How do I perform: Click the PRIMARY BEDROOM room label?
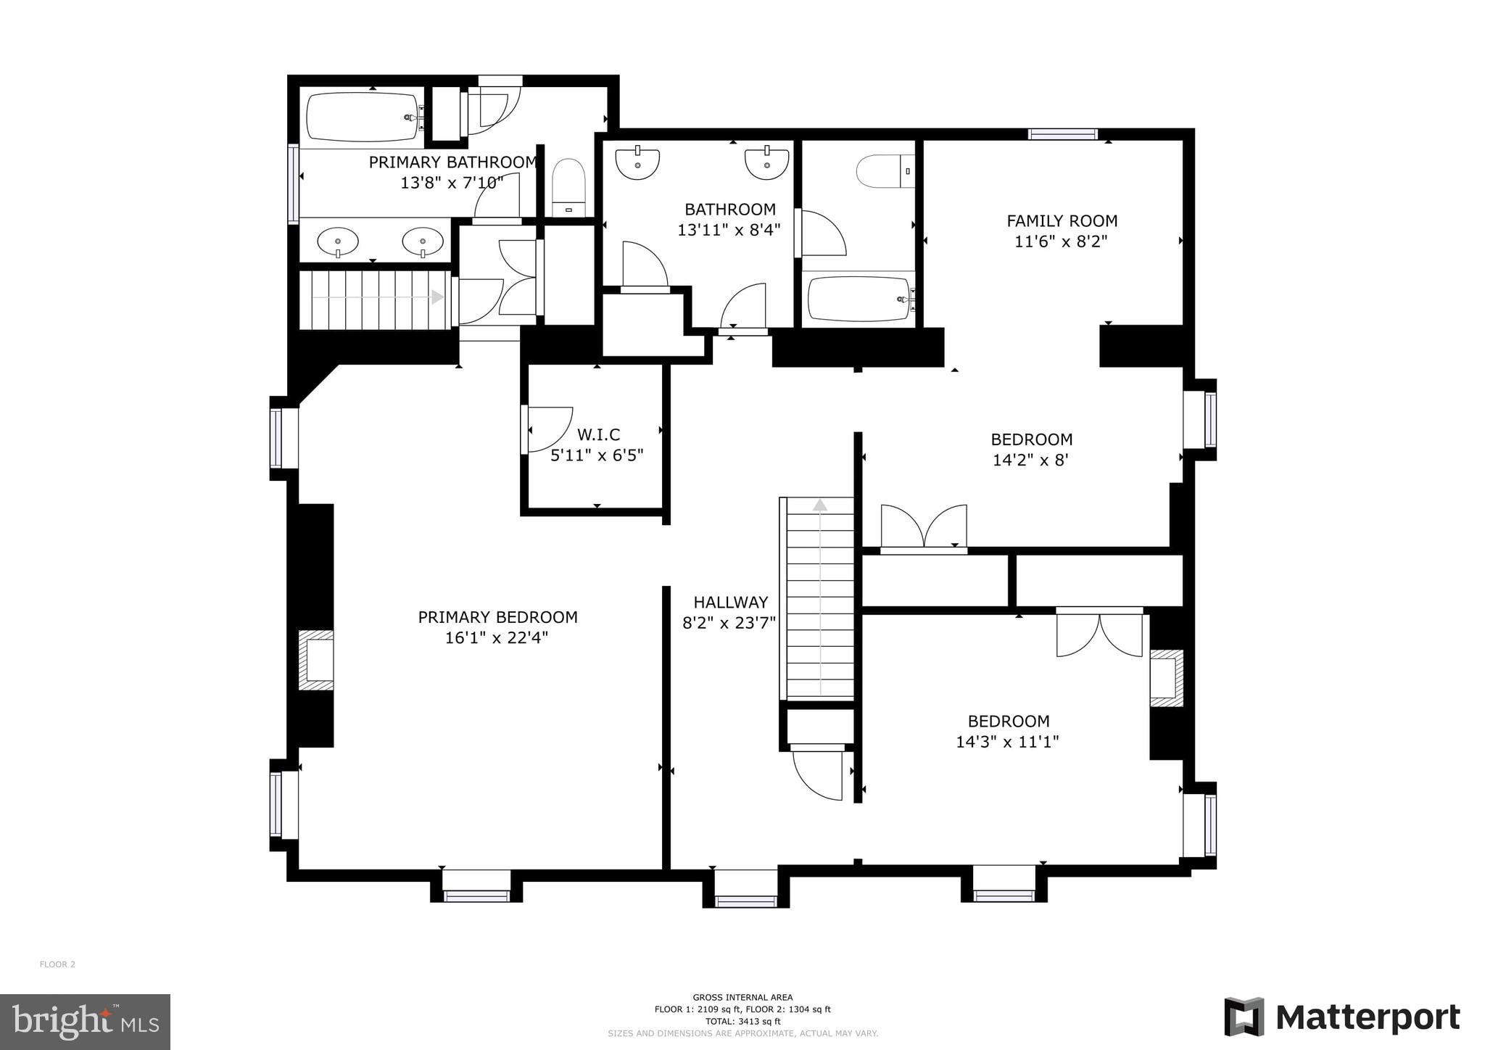click(x=497, y=617)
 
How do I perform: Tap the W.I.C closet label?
click(x=598, y=434)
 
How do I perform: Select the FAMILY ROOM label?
click(x=1062, y=220)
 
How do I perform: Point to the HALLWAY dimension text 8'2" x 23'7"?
click(x=729, y=623)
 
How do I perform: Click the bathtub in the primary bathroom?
click(x=363, y=117)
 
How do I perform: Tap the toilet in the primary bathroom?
click(x=568, y=186)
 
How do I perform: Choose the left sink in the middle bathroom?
click(x=637, y=162)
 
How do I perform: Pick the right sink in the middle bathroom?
click(x=766, y=162)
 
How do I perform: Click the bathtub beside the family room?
click(x=859, y=299)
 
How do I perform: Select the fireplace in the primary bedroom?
click(x=316, y=660)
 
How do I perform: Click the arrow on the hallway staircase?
click(x=820, y=505)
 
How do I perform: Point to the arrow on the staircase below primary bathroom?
click(x=437, y=297)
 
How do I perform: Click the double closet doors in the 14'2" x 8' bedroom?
click(x=924, y=526)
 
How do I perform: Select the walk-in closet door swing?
click(x=549, y=429)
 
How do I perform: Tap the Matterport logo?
click(x=1342, y=1017)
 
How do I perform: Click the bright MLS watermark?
click(x=85, y=1022)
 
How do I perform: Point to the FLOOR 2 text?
click(x=57, y=964)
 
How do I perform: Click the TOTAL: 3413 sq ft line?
click(x=742, y=1021)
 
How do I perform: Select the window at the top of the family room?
click(x=1063, y=133)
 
